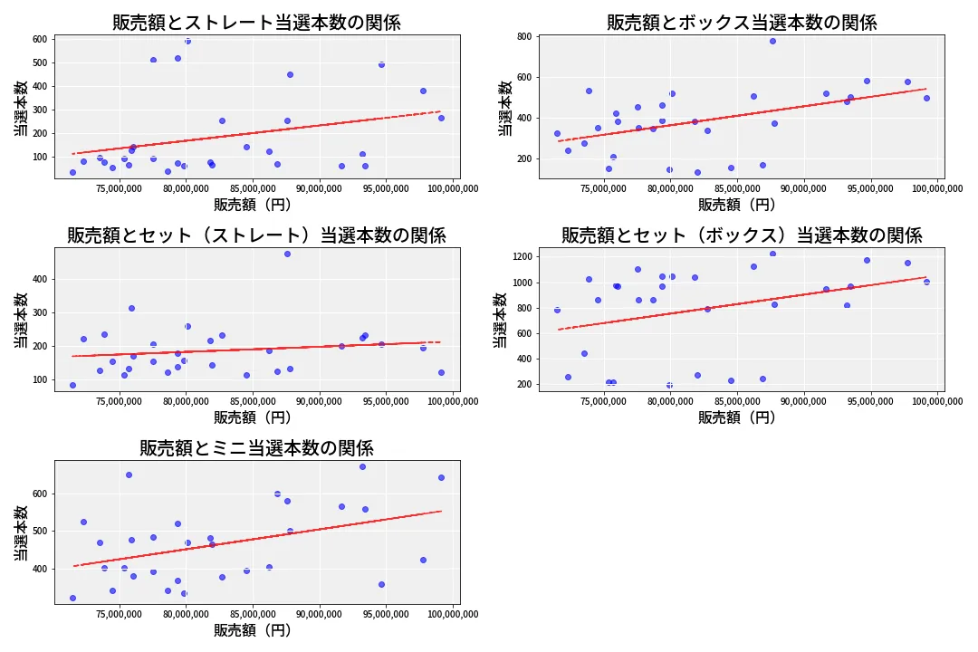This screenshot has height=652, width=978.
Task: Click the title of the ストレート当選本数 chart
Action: point(256,23)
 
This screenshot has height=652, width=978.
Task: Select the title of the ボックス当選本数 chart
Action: point(742,23)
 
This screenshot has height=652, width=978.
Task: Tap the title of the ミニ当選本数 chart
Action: point(256,448)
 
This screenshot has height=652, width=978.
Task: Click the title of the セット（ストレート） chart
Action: point(256,235)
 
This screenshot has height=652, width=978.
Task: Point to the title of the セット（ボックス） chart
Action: point(742,235)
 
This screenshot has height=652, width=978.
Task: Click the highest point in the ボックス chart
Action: point(772,41)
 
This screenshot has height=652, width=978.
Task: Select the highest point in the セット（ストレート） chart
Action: point(287,254)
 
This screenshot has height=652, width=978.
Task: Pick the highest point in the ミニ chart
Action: point(362,466)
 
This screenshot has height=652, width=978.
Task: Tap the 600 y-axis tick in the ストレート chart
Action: point(39,39)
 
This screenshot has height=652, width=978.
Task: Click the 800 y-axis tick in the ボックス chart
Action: point(524,37)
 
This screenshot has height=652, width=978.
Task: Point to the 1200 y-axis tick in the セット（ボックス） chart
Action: point(521,257)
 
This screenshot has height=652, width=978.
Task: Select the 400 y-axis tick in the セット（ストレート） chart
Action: point(39,279)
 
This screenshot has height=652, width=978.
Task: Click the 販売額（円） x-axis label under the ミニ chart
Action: point(253,630)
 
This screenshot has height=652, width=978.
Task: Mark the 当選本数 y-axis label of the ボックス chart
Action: point(505,107)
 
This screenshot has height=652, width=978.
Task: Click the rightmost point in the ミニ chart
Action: point(441,477)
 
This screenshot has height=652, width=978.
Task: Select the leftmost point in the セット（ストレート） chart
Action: point(72,385)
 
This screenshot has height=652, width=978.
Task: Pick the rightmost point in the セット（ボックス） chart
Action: point(926,282)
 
